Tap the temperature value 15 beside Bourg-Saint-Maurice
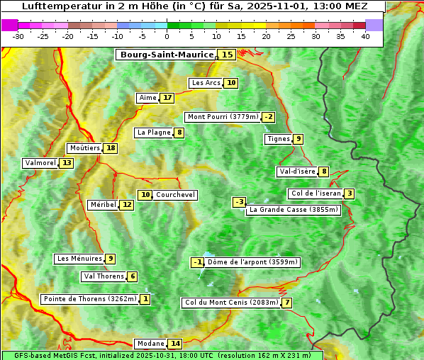(227, 55)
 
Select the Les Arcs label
(206, 83)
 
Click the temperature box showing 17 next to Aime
(167, 98)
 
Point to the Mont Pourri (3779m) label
(222, 117)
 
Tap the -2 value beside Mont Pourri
(268, 117)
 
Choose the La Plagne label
(152, 133)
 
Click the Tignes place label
(278, 139)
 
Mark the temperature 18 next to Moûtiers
(111, 148)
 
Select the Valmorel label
(40, 163)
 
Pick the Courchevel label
(175, 195)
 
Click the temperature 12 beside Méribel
(126, 205)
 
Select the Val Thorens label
(104, 276)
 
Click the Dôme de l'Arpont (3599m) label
(253, 262)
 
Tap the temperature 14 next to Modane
(175, 344)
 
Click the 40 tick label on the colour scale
(365, 36)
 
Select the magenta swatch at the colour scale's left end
(10, 24)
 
